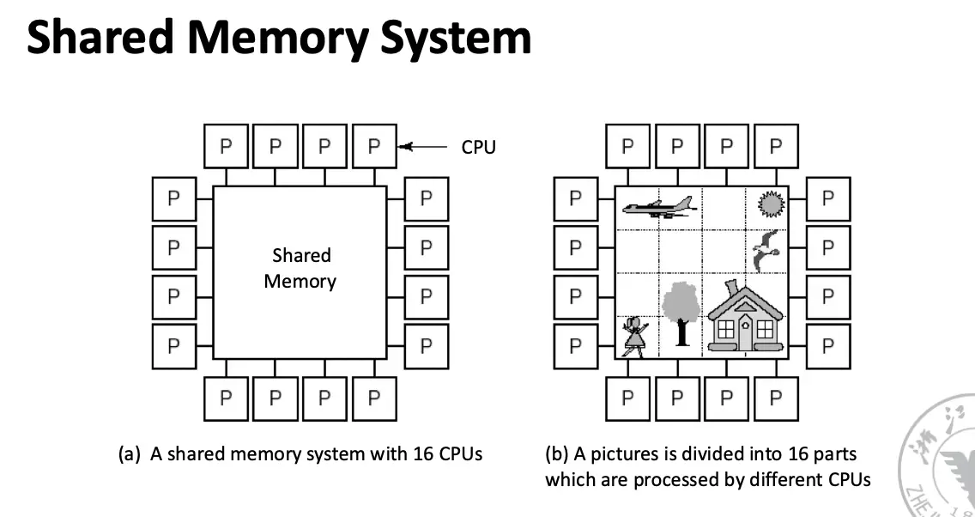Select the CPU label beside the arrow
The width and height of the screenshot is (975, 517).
pyautogui.click(x=478, y=147)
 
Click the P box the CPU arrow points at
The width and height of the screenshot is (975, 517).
pyautogui.click(x=373, y=146)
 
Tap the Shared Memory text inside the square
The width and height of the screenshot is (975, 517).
pyautogui.click(x=300, y=268)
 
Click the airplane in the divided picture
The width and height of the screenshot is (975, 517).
pyautogui.click(x=657, y=206)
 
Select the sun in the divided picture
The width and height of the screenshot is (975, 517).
pyautogui.click(x=771, y=204)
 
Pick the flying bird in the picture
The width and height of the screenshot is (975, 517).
pyautogui.click(x=766, y=250)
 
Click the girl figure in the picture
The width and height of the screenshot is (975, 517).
pyautogui.click(x=634, y=336)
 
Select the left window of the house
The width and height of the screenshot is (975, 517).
pyautogui.click(x=726, y=329)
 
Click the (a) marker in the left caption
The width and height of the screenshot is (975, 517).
pyautogui.click(x=130, y=454)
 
